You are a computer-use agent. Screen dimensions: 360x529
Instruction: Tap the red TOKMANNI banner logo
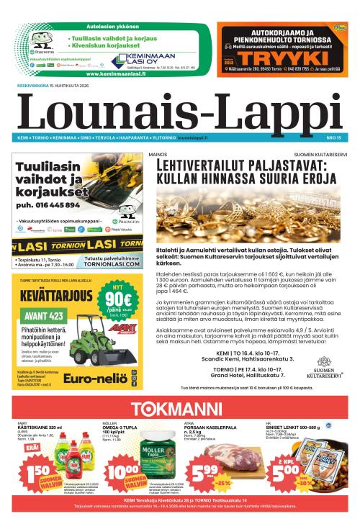[180, 407]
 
